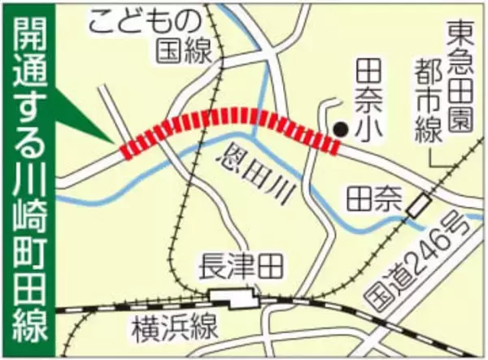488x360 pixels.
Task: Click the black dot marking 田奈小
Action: point(343,128)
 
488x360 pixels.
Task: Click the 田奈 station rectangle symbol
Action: point(419,206)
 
